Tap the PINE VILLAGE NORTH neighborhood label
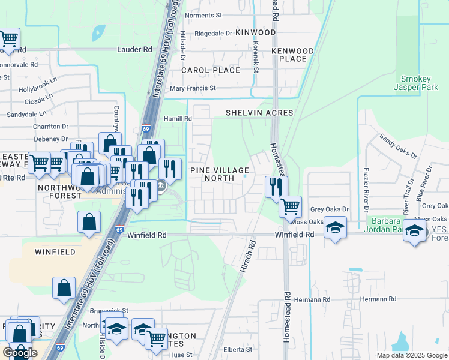[219, 174]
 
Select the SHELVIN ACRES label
[259, 113]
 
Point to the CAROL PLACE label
[211, 70]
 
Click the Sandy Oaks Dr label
[398, 146]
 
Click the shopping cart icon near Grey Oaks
[290, 206]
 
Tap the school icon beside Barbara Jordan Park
[336, 227]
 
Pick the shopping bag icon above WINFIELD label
[89, 221]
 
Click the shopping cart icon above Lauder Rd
[9, 39]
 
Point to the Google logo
[20, 352]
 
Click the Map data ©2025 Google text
[411, 355]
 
